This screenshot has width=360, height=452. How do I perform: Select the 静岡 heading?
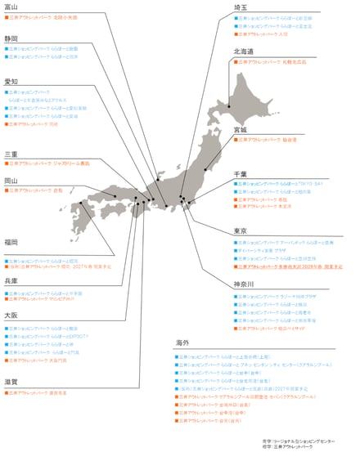coord(11,38)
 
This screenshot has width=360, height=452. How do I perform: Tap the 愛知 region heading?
coord(11,82)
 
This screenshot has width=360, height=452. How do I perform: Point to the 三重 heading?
coord(11,154)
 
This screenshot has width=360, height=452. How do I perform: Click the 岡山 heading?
coord(11,181)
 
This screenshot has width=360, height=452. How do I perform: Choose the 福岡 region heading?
coord(11,242)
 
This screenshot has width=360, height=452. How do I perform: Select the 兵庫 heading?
coord(11,281)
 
